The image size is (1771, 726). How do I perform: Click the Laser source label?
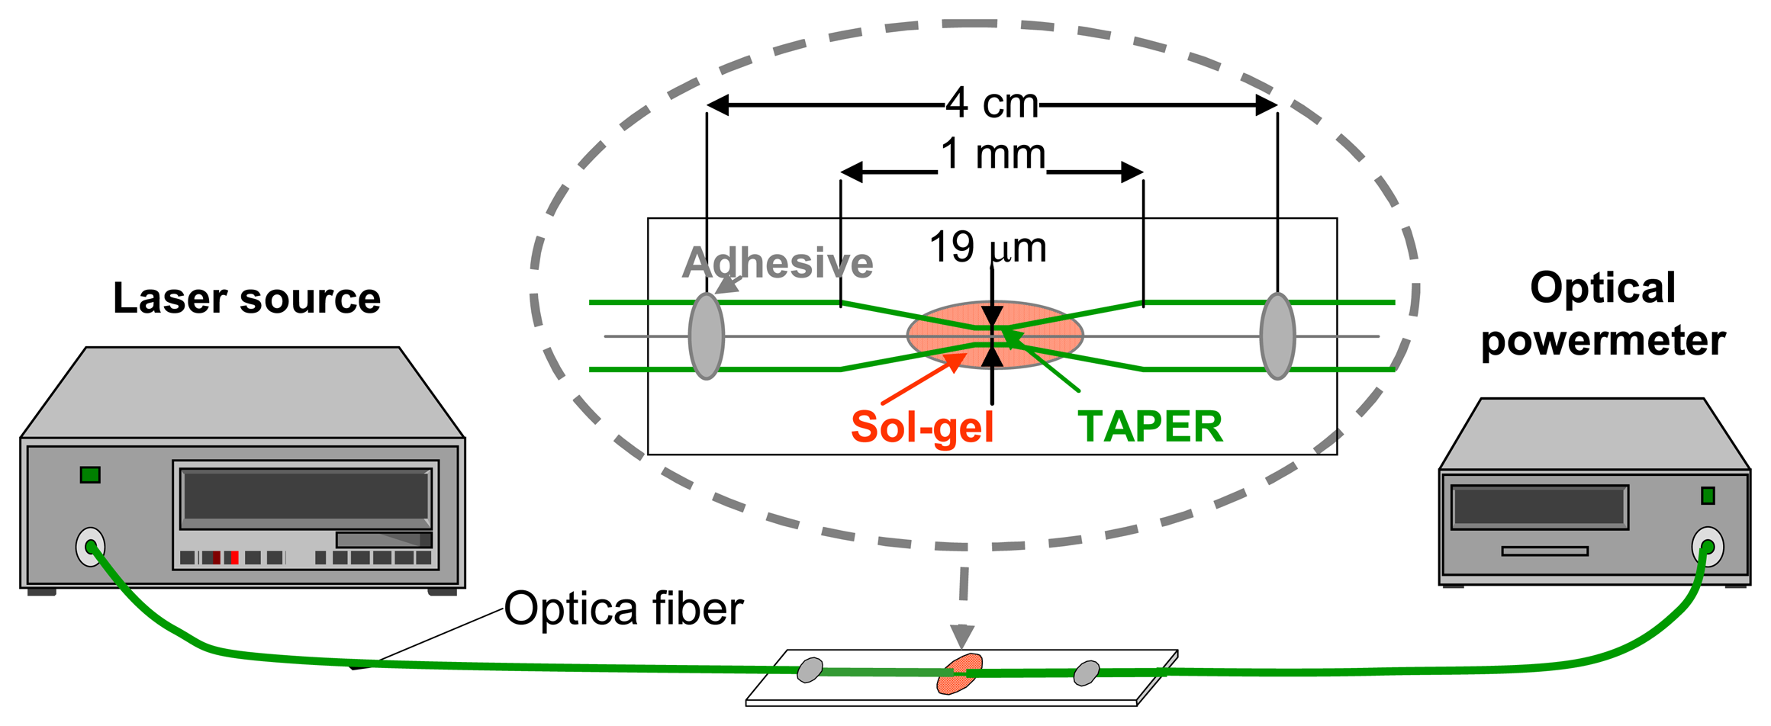point(246,298)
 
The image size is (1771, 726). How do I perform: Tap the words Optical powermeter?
point(1602,314)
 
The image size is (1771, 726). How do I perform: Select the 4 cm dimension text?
point(991,103)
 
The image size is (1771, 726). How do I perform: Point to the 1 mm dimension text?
point(993,155)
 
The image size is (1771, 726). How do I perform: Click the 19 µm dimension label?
point(987,248)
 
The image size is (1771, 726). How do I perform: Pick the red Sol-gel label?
point(922,427)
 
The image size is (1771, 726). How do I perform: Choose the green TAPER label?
point(1150,427)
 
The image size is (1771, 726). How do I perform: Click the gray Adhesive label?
point(777,263)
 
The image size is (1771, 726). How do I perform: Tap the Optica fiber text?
point(623,609)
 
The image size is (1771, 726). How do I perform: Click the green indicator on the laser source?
point(90,475)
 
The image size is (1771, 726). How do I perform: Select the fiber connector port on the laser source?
point(90,547)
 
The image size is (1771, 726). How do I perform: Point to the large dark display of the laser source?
point(306,496)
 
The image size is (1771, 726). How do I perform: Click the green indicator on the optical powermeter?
point(1708,496)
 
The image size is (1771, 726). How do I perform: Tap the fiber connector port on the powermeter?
point(1708,547)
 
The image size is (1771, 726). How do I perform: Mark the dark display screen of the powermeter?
point(1539,506)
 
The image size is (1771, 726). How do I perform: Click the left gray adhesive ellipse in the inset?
point(706,336)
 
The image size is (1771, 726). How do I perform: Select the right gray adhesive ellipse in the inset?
point(1277,336)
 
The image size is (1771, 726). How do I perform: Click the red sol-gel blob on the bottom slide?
point(959,674)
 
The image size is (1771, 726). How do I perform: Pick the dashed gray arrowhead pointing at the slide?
point(962,635)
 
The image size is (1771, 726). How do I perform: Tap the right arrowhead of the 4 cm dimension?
point(1267,105)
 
